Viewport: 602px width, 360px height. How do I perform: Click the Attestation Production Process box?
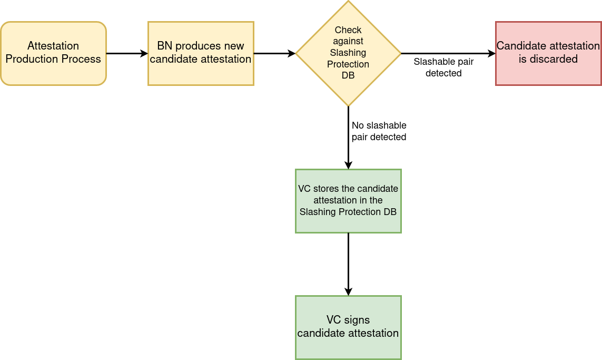[53, 53]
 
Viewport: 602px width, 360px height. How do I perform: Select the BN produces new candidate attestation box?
[201, 53]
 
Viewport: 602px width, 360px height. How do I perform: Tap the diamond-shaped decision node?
[348, 53]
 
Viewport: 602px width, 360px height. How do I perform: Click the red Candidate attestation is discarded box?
[548, 53]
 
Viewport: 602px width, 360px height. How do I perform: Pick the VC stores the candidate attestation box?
[348, 201]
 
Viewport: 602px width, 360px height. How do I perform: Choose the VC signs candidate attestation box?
[348, 327]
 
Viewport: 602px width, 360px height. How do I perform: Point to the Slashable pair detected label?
[443, 67]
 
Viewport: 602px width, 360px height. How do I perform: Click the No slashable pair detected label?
[379, 131]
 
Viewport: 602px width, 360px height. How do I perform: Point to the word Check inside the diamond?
[348, 30]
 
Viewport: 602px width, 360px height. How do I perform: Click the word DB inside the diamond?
[348, 75]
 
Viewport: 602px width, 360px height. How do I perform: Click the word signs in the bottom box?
[358, 320]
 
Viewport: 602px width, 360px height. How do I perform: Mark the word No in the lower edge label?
[358, 125]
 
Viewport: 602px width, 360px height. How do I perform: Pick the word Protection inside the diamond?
[348, 64]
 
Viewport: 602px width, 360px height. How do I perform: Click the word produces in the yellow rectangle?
[200, 46]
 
